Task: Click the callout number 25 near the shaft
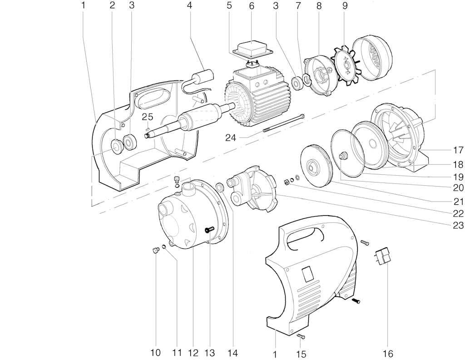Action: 147,117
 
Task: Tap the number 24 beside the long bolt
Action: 230,138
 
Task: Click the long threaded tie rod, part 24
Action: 284,123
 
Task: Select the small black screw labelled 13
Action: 209,229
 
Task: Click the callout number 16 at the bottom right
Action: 388,354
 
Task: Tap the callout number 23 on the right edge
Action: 458,225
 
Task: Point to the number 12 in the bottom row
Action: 193,353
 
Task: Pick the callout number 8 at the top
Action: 319,6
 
